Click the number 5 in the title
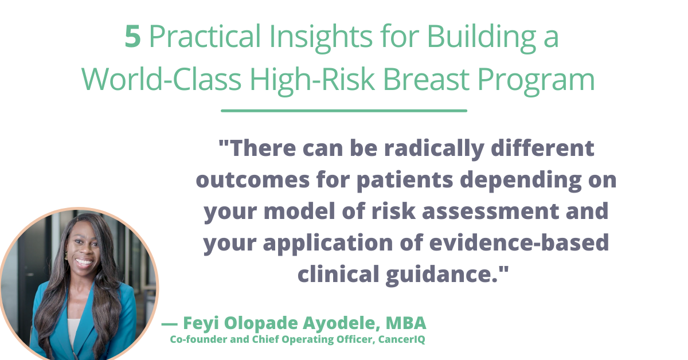pyautogui.click(x=133, y=38)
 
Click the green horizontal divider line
pyautogui.click(x=344, y=111)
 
